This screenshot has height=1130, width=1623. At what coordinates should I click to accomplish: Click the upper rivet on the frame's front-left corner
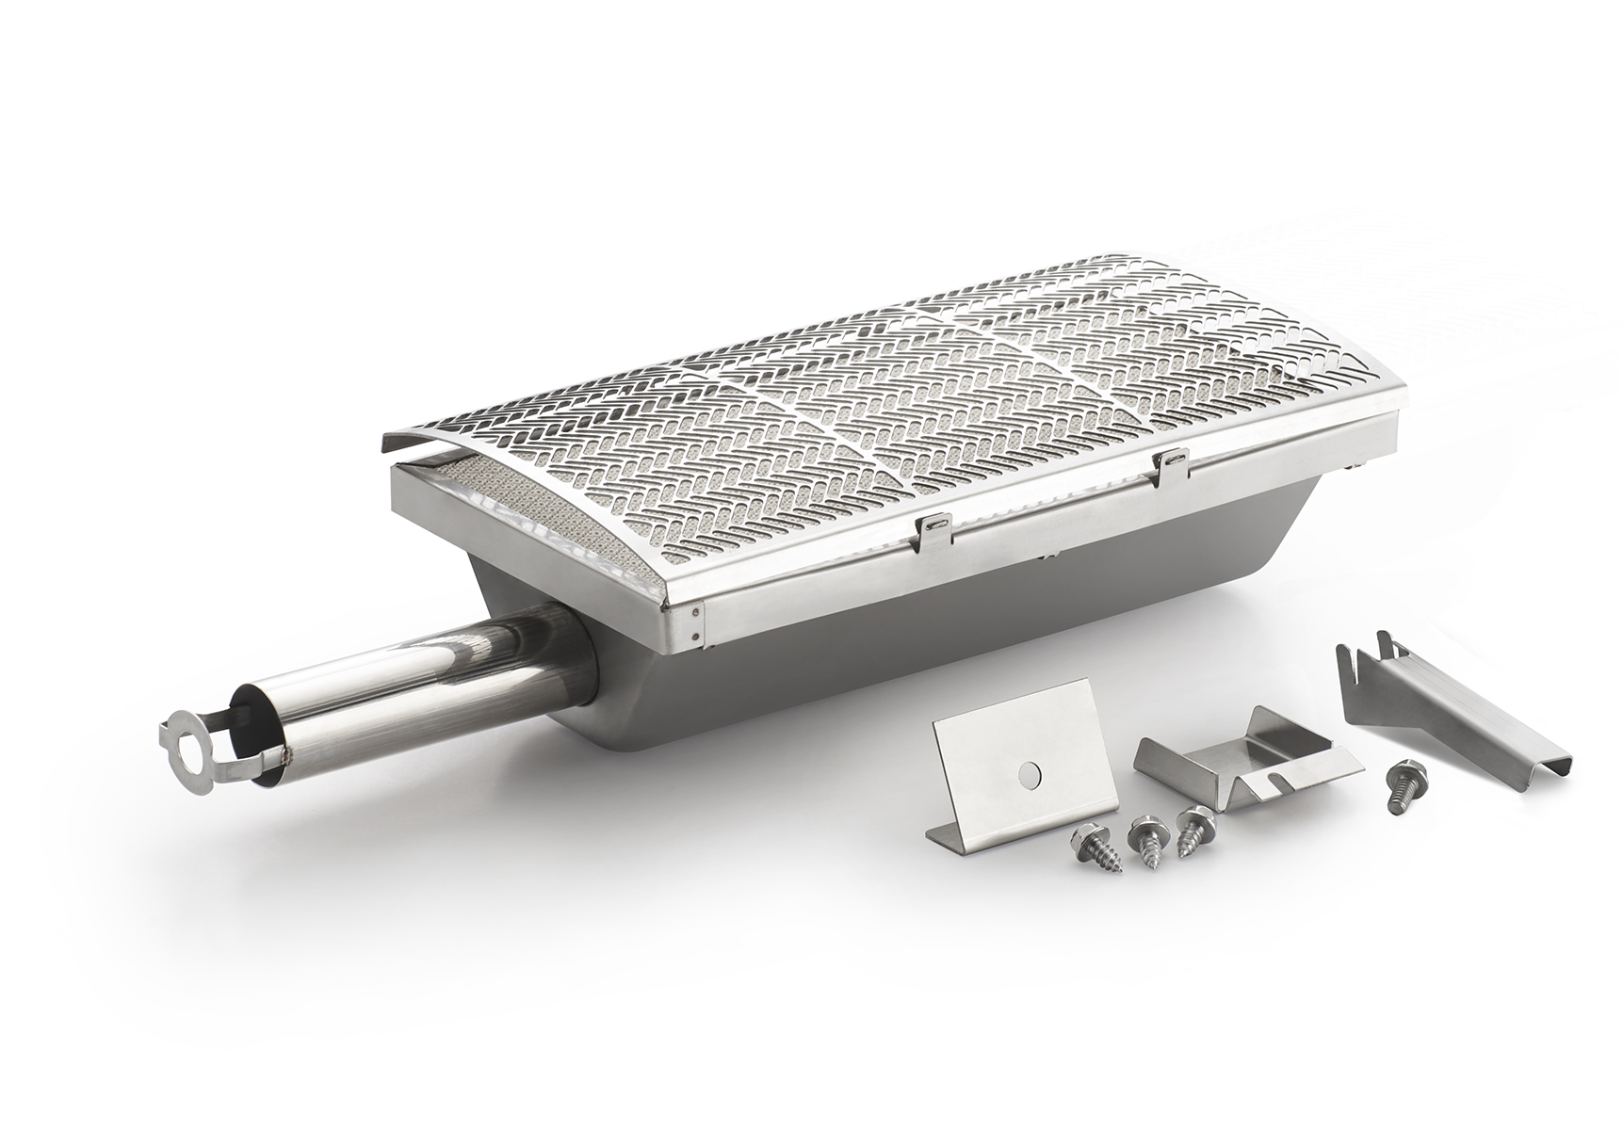[696, 611]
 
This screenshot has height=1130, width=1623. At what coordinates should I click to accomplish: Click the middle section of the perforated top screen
[848, 414]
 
